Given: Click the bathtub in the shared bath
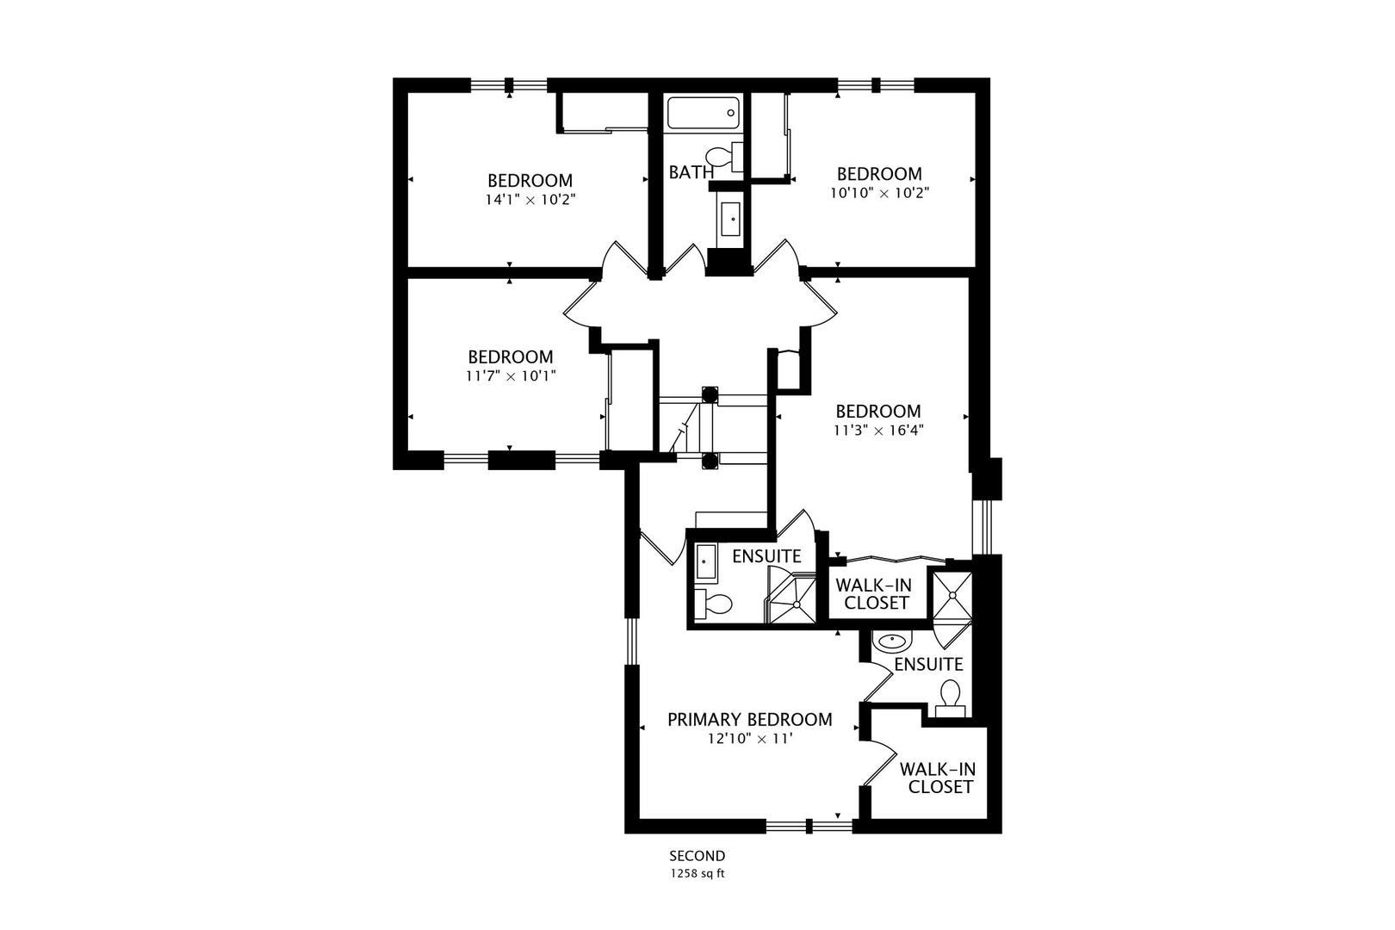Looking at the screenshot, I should click(704, 113).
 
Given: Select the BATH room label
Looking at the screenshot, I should click(691, 172).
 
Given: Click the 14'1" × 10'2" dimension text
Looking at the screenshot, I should click(530, 199).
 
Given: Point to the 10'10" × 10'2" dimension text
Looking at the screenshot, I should click(879, 192).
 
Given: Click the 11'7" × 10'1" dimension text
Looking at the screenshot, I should click(511, 375).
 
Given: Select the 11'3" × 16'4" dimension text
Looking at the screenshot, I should click(878, 431).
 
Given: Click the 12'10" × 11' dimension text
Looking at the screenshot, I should click(748, 739).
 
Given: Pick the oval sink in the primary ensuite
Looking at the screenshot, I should click(892, 642).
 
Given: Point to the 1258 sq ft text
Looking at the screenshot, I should click(697, 873).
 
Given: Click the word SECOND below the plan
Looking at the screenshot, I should click(697, 856).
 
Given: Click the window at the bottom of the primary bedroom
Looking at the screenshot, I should click(809, 827).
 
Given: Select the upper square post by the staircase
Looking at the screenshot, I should click(710, 395).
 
